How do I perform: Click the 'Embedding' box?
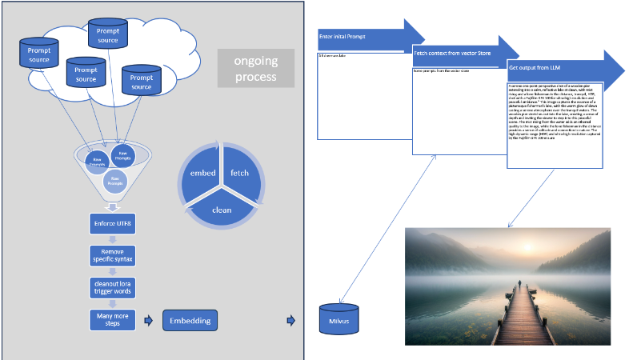tap(190, 321)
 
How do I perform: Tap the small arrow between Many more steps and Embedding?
tap(148, 321)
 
